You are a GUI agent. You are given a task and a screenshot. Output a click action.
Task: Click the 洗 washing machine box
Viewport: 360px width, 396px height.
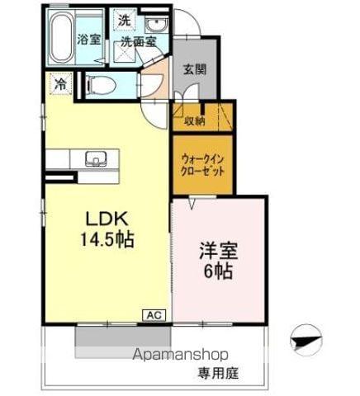click(x=124, y=19)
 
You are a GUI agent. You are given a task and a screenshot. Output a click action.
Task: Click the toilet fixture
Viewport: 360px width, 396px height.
click(x=94, y=84)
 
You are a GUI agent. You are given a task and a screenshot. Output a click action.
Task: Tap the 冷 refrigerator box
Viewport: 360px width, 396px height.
click(x=59, y=83)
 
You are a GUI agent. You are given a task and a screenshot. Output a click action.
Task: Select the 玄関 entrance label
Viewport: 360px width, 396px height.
click(x=195, y=68)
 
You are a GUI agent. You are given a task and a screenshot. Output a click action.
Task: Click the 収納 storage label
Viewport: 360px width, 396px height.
click(x=195, y=121)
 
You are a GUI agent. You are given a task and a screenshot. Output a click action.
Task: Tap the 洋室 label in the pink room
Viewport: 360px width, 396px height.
click(x=218, y=249)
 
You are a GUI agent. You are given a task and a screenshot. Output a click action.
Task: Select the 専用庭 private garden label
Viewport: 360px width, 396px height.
click(x=217, y=373)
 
